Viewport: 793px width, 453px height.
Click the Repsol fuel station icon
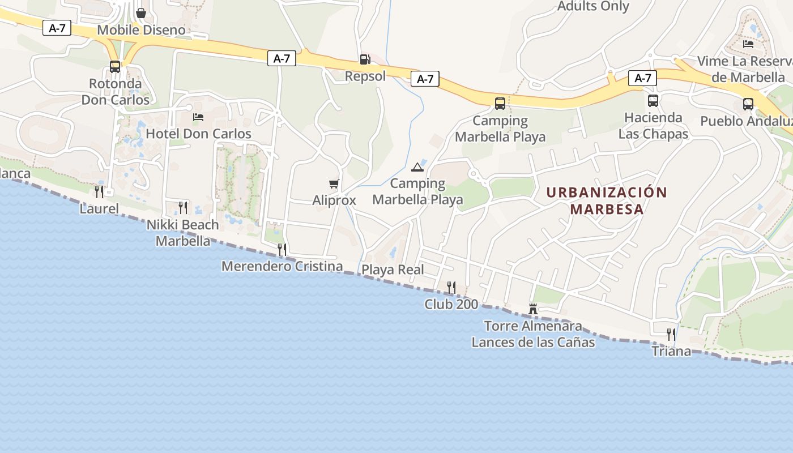(365, 59)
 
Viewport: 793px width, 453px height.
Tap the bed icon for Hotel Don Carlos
(198, 117)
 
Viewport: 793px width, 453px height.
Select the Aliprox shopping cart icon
(334, 183)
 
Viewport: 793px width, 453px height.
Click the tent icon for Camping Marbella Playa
(417, 167)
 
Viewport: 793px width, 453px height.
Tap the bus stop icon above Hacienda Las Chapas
(653, 101)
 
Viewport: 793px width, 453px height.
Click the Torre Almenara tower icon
(532, 309)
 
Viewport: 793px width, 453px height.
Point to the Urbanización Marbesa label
(607, 200)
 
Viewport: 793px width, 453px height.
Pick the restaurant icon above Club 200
(451, 288)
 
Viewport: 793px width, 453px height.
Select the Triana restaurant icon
(671, 334)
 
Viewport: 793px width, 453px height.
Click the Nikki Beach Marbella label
(182, 233)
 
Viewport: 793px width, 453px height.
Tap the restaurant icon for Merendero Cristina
(282, 249)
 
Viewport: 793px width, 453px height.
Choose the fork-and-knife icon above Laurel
(99, 191)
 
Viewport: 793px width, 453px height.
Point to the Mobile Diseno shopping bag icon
(141, 12)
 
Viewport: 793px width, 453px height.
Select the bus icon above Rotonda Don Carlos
(115, 67)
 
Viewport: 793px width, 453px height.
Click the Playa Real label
(393, 270)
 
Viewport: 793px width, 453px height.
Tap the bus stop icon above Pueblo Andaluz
(748, 104)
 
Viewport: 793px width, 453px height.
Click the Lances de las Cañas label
(533, 342)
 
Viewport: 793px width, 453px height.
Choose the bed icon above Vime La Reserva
(748, 44)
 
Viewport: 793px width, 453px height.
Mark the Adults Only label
(593, 6)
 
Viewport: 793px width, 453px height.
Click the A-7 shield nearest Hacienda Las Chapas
(642, 78)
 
